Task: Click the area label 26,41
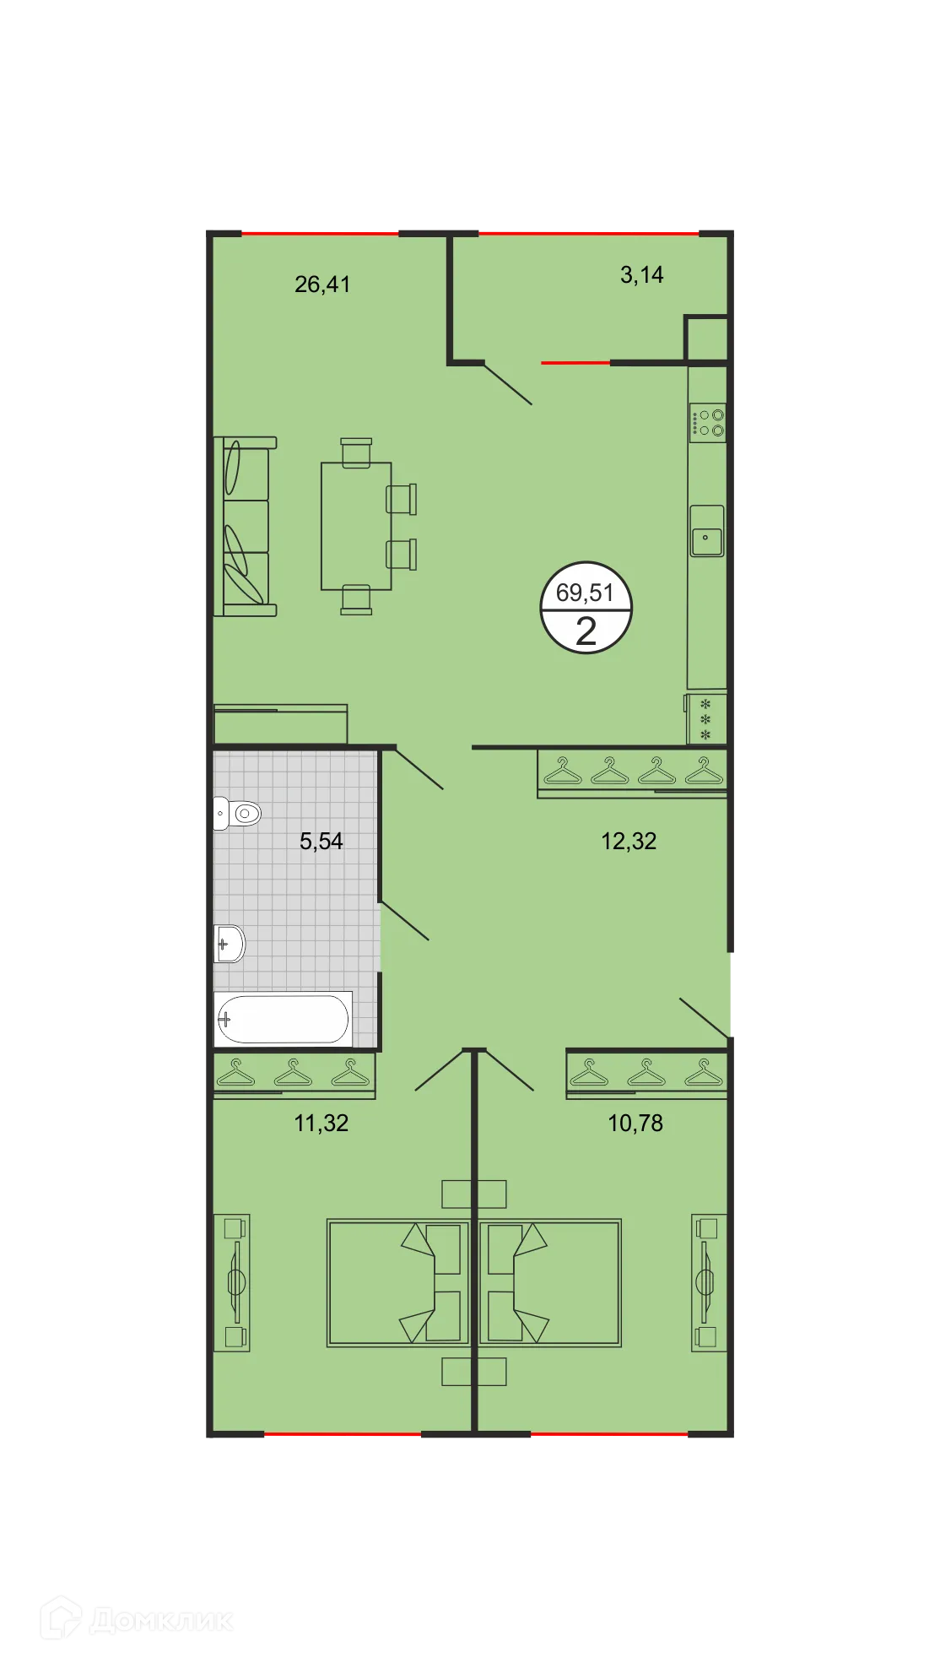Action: coord(322,284)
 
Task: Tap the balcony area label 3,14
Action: coord(641,275)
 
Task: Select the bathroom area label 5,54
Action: coord(321,841)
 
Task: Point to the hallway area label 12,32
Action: coord(629,841)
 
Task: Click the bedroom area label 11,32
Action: coord(321,1123)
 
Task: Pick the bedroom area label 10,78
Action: coord(635,1123)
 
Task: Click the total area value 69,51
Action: coord(585,593)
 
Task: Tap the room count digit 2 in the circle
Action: coord(586,631)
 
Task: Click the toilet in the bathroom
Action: coord(238,814)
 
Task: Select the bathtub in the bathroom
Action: coord(283,1019)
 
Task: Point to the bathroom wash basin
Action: coord(230,943)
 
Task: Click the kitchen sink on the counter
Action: coord(706,532)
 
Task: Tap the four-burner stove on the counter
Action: coord(707,423)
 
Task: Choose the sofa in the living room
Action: coord(245,527)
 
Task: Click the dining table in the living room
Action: coord(355,526)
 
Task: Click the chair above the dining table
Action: coord(356,452)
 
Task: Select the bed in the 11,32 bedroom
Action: coord(397,1282)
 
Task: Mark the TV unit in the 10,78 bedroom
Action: coord(708,1282)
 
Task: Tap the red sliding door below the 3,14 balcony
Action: coord(575,363)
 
